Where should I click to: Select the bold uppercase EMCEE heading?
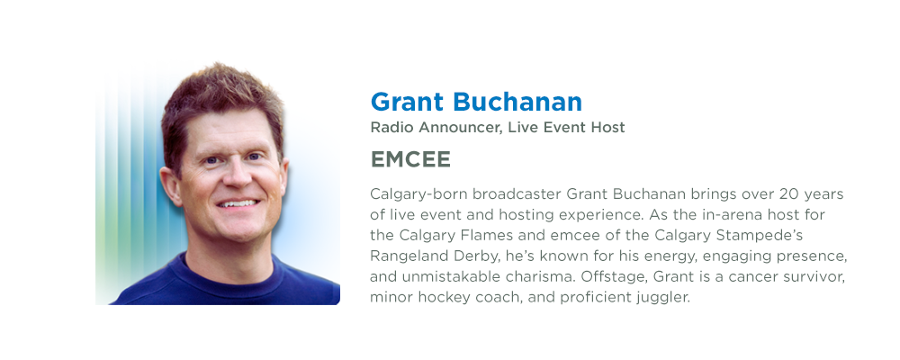[x=410, y=160]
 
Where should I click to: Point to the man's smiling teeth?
[x=238, y=204]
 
